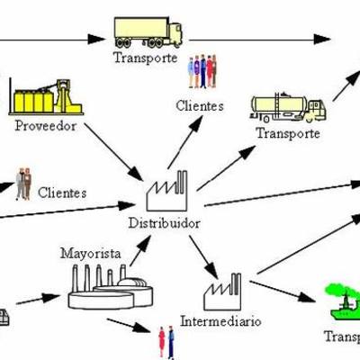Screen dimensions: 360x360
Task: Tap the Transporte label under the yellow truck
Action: [145, 58]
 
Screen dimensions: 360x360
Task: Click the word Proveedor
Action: [45, 125]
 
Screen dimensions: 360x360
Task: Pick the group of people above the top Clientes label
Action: [202, 71]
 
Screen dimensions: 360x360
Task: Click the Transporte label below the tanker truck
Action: [288, 133]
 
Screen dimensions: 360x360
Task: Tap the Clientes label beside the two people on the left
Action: [62, 192]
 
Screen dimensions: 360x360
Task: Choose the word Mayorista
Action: [90, 254]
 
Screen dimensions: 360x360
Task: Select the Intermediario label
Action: [220, 320]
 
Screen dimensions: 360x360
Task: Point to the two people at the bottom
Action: [166, 342]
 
